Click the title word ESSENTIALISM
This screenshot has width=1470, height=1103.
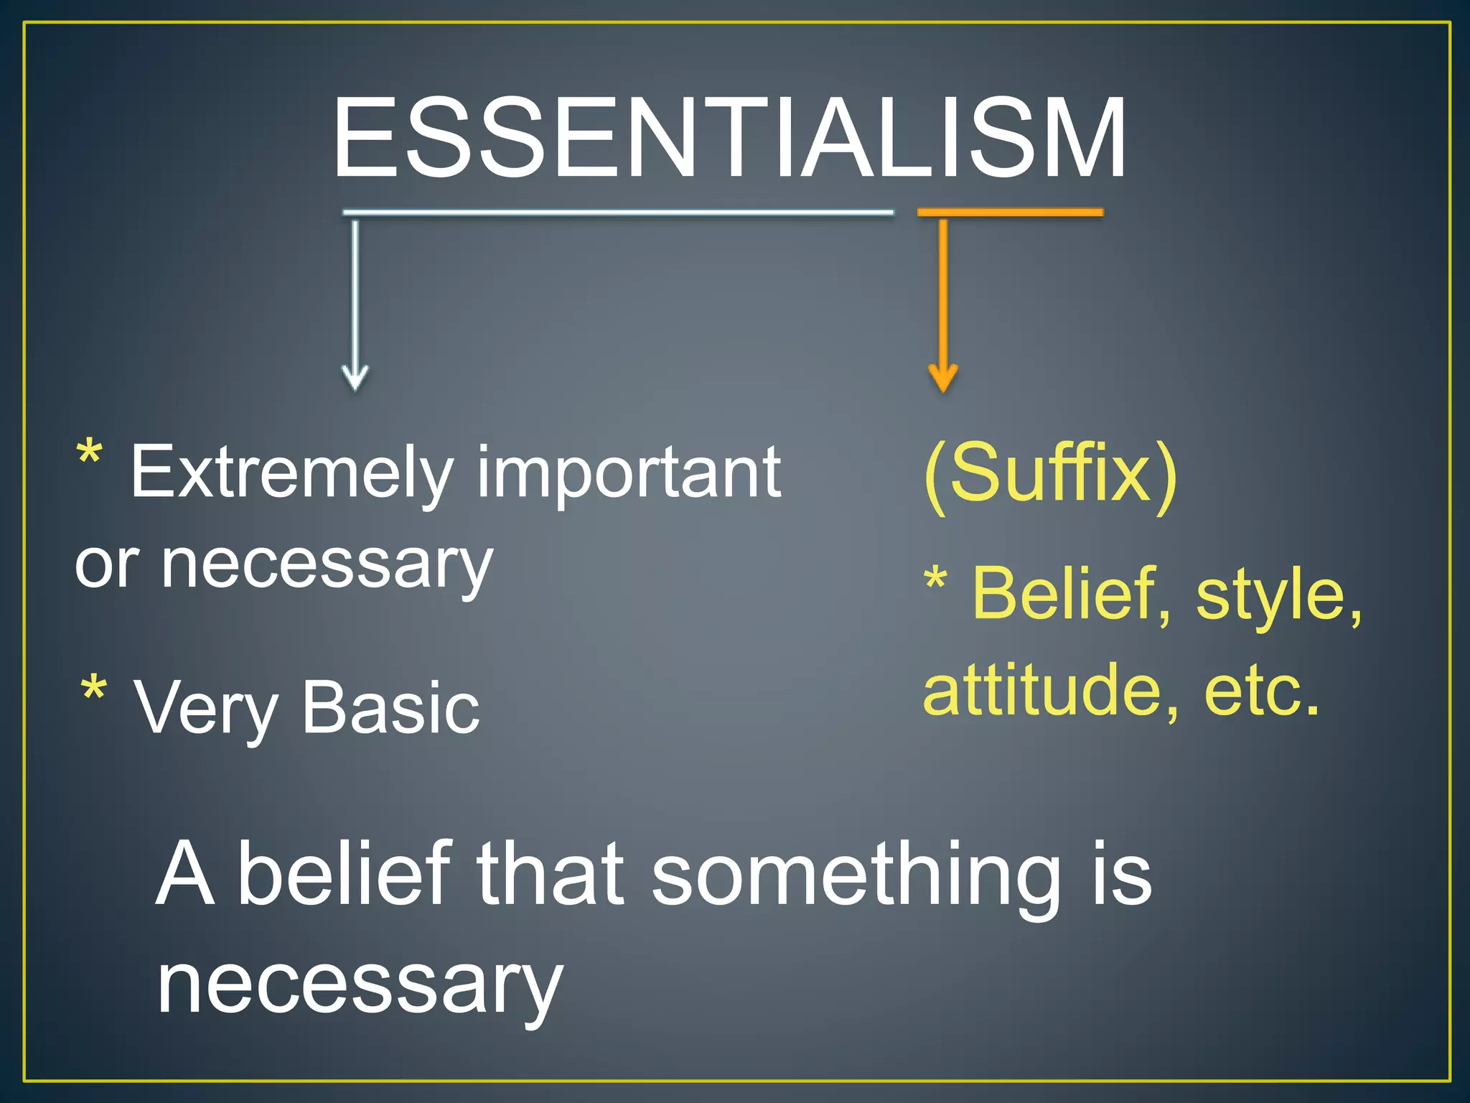coord(729,138)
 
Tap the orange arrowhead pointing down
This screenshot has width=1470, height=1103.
coord(942,379)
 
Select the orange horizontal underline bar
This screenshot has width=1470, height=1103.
coord(1010,213)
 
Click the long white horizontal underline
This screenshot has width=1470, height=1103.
coord(618,213)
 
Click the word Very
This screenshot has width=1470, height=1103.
coord(207,709)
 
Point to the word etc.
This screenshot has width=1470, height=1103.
coord(1261,691)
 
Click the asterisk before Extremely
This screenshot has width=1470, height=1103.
coord(90,455)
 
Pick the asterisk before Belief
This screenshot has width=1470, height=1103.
coord(936,580)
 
